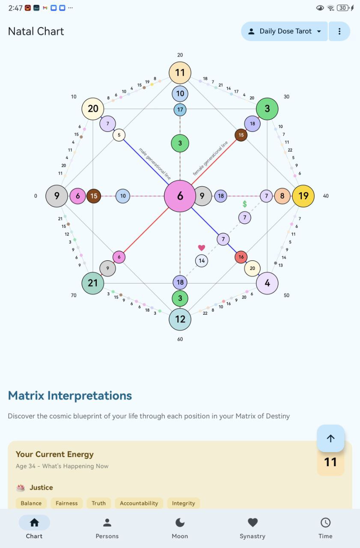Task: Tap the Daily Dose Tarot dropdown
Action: (284, 31)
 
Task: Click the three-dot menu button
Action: (339, 31)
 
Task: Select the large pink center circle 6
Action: (180, 196)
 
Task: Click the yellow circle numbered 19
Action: (303, 196)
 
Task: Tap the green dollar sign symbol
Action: (244, 204)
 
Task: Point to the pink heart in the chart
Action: (202, 248)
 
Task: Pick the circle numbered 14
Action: (202, 261)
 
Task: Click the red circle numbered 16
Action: (241, 257)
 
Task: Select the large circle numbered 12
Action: (180, 319)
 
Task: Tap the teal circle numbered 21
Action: (93, 283)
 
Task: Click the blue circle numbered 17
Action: (180, 110)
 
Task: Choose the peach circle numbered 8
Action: (282, 196)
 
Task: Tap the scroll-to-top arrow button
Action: (330, 438)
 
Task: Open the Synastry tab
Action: (253, 528)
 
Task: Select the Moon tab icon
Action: (180, 523)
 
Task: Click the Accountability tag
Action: (139, 503)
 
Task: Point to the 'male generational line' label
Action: (155, 164)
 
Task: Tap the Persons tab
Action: (107, 528)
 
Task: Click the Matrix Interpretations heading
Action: (70, 396)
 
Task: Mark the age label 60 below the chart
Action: (180, 339)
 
